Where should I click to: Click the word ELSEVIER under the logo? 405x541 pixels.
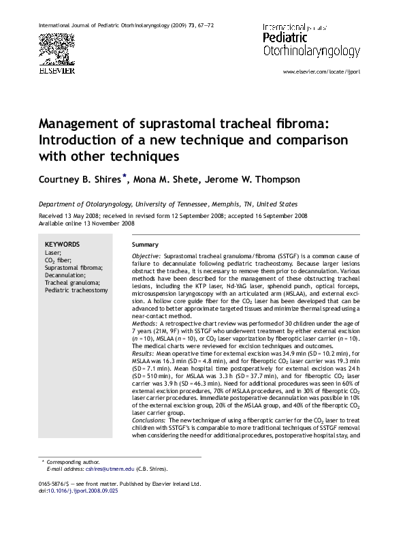point(56,69)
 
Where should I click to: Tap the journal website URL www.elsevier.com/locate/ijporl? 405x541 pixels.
point(321,72)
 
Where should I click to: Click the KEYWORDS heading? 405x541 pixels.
point(62,244)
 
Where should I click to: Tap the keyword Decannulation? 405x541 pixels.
point(65,275)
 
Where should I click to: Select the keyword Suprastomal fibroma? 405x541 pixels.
point(74,268)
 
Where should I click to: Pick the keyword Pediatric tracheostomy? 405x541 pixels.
point(76,290)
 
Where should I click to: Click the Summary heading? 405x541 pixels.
point(145,245)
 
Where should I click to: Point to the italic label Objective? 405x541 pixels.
point(146,255)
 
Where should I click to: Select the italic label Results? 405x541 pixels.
point(144,354)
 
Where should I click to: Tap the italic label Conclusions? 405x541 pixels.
point(149,420)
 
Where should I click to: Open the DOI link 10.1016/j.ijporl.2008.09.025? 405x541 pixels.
point(83,490)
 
